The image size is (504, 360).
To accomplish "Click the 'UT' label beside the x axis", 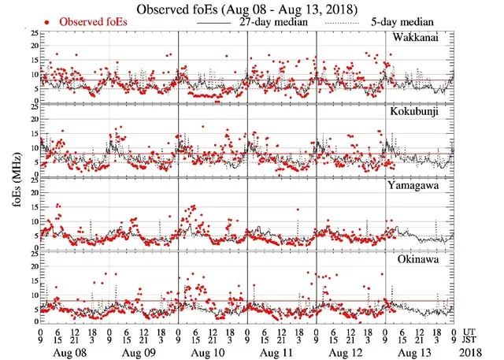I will tap(471, 333).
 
